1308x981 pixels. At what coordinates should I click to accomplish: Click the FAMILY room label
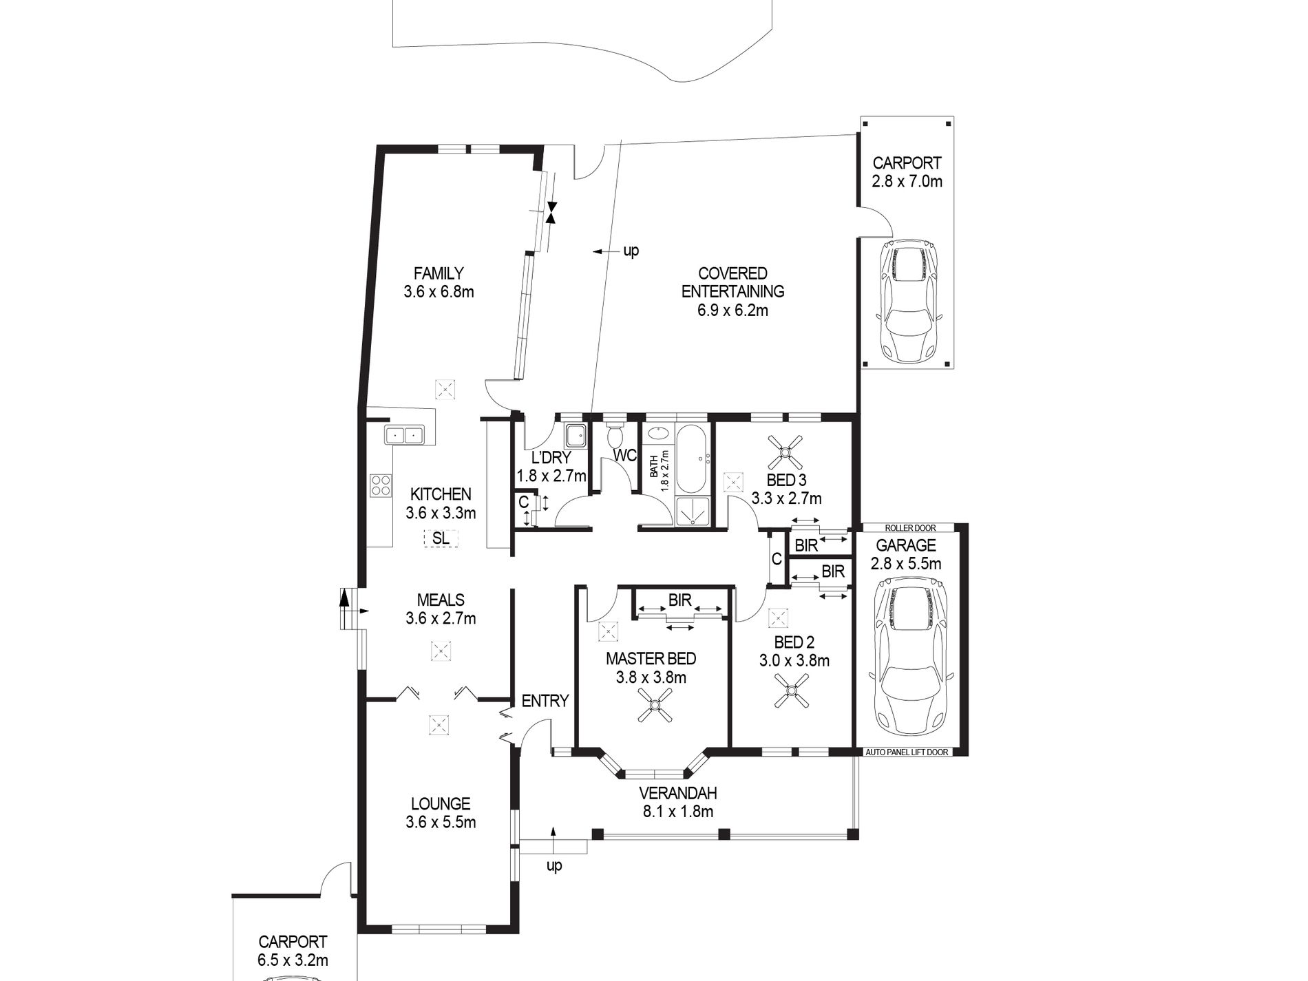(x=439, y=273)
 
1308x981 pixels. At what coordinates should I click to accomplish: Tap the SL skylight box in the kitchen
(x=441, y=538)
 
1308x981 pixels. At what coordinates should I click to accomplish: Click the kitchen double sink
(x=404, y=435)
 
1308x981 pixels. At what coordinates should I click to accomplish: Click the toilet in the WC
(x=615, y=435)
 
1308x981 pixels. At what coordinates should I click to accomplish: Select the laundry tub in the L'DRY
(x=576, y=435)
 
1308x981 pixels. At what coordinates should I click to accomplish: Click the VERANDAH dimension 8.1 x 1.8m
(x=677, y=812)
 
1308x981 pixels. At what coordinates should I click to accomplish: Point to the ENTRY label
(x=545, y=701)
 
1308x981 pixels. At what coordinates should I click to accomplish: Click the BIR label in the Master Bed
(x=679, y=600)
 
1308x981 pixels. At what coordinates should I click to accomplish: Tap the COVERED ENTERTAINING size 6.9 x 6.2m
(x=732, y=310)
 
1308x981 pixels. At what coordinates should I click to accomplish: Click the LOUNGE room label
(x=440, y=803)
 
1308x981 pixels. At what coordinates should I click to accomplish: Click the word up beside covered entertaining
(x=631, y=251)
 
